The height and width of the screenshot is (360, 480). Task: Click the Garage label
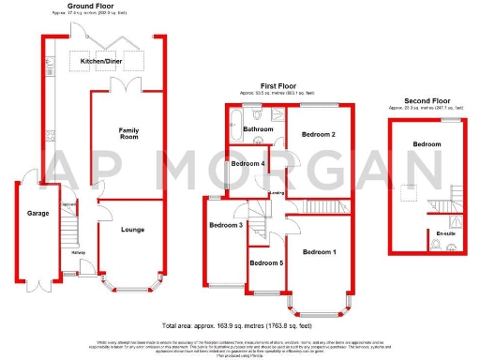tap(25, 213)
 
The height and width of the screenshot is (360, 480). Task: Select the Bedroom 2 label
tap(319, 135)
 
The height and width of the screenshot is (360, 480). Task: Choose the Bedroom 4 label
tap(248, 164)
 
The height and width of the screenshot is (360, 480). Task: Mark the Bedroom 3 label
tap(226, 225)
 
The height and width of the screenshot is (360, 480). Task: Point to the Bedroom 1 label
tap(319, 252)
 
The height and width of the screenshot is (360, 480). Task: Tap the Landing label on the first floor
tap(277, 194)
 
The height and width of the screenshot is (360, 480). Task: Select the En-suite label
tap(445, 232)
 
